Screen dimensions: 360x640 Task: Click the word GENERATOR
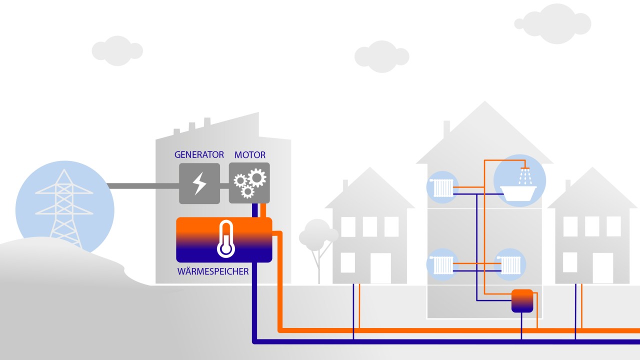(x=199, y=154)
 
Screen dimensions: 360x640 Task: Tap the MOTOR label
(x=249, y=154)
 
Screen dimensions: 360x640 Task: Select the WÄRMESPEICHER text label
(x=213, y=272)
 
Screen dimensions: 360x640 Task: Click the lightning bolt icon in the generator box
(x=199, y=183)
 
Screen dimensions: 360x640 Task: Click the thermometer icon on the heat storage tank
(x=226, y=239)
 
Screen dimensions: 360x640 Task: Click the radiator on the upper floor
(x=443, y=188)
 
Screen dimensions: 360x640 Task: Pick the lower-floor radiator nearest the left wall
(x=443, y=265)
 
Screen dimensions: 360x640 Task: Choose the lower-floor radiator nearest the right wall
(x=511, y=265)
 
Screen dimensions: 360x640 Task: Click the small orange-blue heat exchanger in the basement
(x=522, y=300)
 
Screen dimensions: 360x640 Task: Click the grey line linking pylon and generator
(x=142, y=185)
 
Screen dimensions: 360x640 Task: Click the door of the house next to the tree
(x=380, y=268)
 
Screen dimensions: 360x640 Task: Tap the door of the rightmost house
(x=602, y=268)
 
